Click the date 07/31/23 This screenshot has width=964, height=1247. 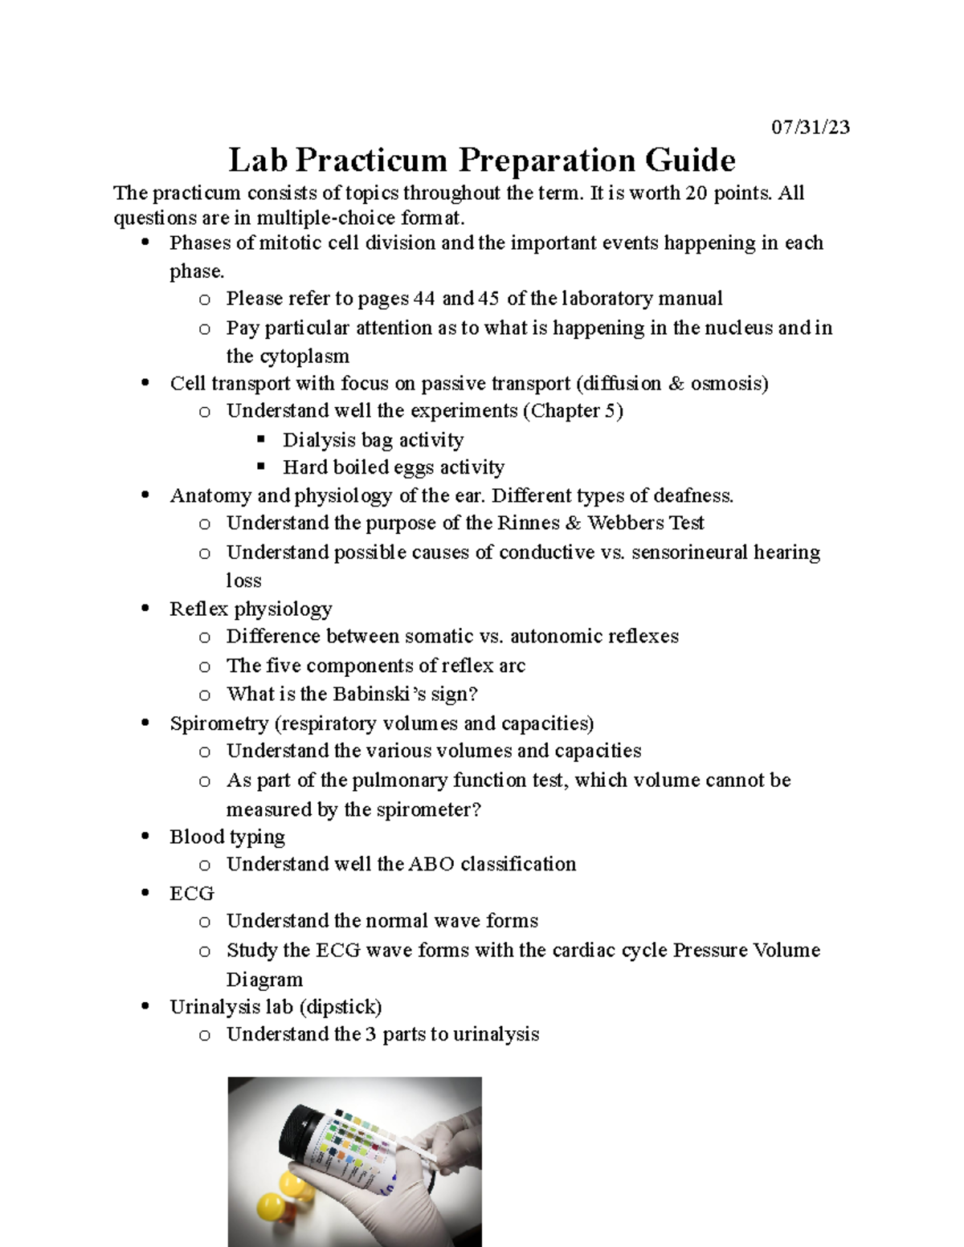coord(810,128)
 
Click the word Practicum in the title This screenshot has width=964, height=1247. coord(371,161)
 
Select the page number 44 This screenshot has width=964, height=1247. coord(424,299)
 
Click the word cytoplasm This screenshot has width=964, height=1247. coord(300,357)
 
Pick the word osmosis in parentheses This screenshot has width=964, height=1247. coord(725,384)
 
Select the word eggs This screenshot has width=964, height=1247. coord(414,467)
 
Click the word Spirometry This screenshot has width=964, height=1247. coord(219,723)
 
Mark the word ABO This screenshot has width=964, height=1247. coord(431,864)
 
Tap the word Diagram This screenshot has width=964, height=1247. coord(264,980)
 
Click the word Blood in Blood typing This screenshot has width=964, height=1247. coord(197,837)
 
